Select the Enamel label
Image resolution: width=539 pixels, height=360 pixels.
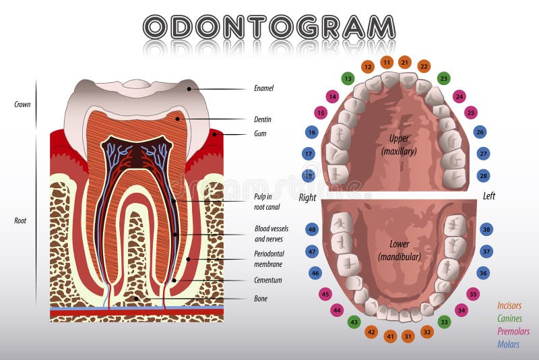tap(263, 88)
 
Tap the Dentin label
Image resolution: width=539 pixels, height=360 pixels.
tap(263, 119)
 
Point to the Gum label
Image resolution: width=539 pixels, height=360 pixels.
tap(260, 133)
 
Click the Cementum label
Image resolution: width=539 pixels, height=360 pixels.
tap(268, 280)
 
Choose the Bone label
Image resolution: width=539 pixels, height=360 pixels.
tap(261, 298)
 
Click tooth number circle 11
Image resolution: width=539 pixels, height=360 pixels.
tap(387, 62)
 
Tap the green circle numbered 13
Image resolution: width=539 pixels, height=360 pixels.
tap(348, 78)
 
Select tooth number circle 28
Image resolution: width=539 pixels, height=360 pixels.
tap(484, 175)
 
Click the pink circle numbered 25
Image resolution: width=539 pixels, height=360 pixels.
tap(472, 113)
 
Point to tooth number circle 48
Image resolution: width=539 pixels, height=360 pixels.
tap(312, 229)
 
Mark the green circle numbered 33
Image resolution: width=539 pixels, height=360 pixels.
tap(444, 322)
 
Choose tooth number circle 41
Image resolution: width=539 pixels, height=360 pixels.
tap(390, 336)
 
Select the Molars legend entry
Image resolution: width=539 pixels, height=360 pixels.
tap(509, 344)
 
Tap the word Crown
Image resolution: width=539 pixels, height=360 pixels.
tap(22, 104)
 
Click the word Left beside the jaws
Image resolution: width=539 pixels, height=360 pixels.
tap(489, 196)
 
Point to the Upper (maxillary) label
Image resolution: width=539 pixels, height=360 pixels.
tap(399, 145)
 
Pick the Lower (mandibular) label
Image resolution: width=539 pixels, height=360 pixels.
tap(399, 250)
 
